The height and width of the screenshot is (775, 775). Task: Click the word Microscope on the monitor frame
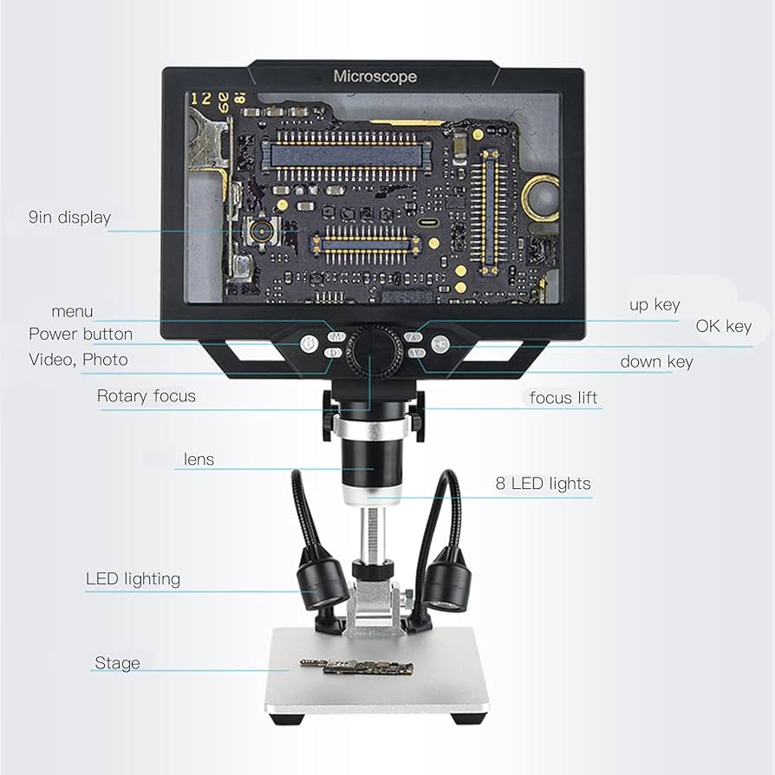pyautogui.click(x=374, y=76)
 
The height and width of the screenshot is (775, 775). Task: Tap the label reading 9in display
pyautogui.click(x=69, y=217)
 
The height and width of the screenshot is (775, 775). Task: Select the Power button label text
pyautogui.click(x=81, y=334)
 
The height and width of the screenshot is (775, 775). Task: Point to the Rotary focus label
pyautogui.click(x=147, y=396)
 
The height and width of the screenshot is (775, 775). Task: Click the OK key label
pyautogui.click(x=723, y=327)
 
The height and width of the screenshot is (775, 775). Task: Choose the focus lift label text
pyautogui.click(x=563, y=398)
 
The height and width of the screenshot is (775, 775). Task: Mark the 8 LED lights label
pyautogui.click(x=543, y=484)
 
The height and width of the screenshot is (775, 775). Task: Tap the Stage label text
pyautogui.click(x=117, y=663)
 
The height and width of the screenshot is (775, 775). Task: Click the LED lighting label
pyautogui.click(x=133, y=578)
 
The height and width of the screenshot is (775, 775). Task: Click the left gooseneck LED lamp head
pyautogui.click(x=322, y=582)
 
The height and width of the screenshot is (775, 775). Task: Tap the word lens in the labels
pyautogui.click(x=199, y=459)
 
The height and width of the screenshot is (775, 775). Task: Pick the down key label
pyautogui.click(x=656, y=361)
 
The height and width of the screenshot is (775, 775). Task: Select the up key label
pyautogui.click(x=655, y=305)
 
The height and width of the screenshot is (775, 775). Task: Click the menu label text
pyautogui.click(x=72, y=311)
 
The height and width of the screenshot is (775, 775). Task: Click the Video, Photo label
pyautogui.click(x=78, y=360)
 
